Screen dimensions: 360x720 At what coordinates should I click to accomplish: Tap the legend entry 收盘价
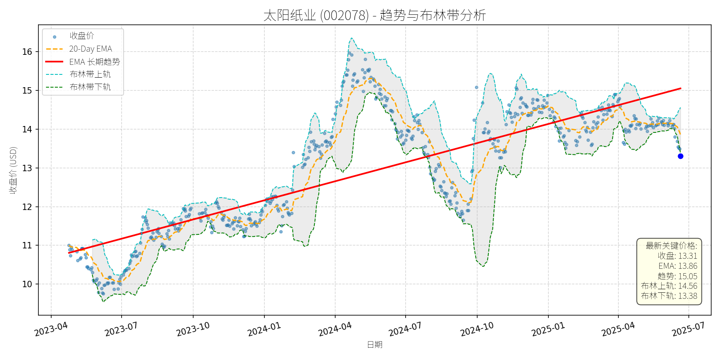pos(82,36)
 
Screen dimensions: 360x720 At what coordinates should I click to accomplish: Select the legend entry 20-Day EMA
pos(90,49)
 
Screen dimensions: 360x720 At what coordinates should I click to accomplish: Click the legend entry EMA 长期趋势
pos(94,62)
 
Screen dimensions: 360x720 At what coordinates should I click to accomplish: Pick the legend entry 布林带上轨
pos(90,74)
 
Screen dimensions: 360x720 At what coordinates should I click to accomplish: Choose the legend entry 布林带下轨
pos(90,87)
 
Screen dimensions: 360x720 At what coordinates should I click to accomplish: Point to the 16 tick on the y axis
pos(27,52)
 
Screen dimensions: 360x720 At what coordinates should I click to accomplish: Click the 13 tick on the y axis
pos(27,168)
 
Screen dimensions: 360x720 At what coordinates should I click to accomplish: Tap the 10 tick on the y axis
pos(27,284)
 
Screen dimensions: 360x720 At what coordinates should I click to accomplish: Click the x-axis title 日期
pos(375,344)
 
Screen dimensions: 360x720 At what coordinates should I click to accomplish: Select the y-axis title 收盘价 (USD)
pos(13,170)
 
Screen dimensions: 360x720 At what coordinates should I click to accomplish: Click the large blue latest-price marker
pos(680,156)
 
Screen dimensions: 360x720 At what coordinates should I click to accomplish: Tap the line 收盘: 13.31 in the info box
pos(677,256)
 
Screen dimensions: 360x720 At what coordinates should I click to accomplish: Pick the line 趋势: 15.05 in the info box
pos(677,276)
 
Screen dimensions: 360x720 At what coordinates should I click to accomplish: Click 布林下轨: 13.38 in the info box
pos(669,296)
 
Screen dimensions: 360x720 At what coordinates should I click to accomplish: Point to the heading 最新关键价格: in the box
pos(671,246)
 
